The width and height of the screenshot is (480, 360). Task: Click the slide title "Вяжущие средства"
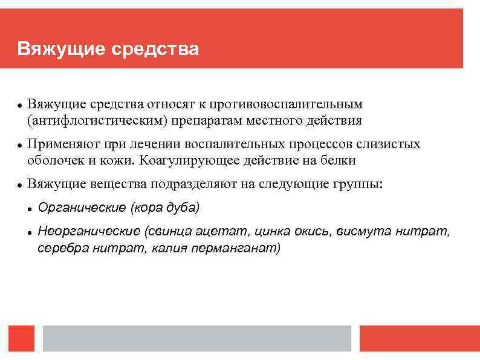pyautogui.click(x=108, y=48)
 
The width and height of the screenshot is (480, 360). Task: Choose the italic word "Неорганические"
pyautogui.click(x=89, y=231)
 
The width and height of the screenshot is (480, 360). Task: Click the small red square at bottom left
pyautogui.click(x=21, y=338)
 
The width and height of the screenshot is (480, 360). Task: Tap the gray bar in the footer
pyautogui.click(x=196, y=338)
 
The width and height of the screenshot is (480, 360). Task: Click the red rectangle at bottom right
pyautogui.click(x=419, y=338)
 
